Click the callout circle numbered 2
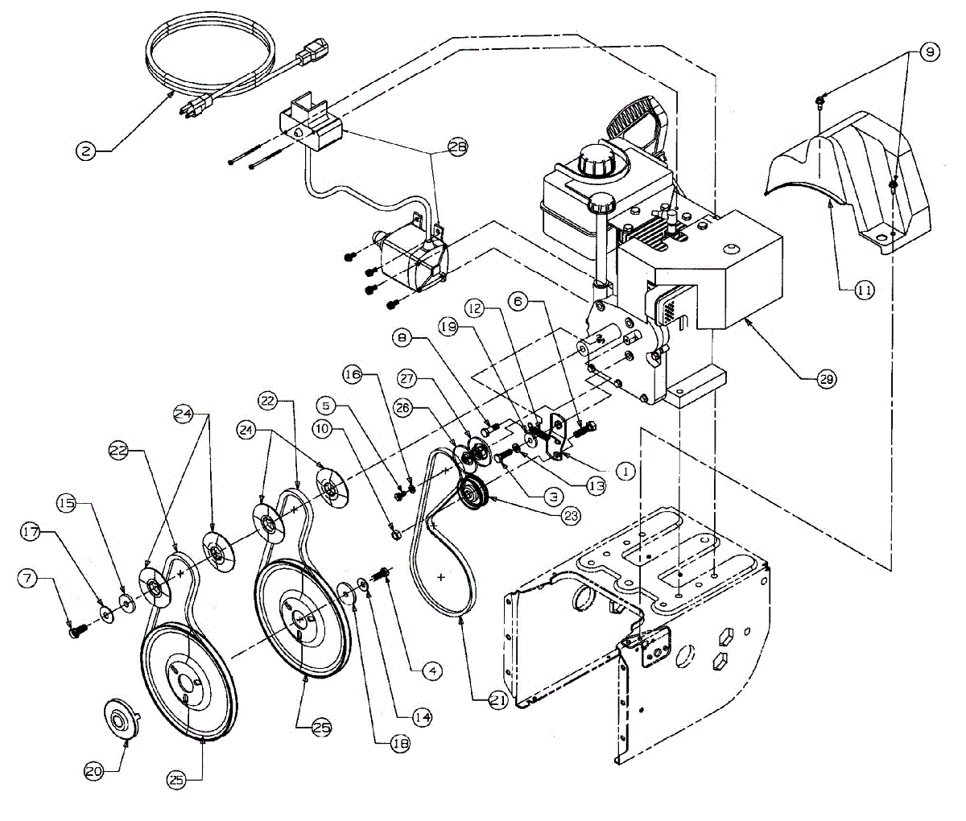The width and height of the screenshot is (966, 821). [86, 149]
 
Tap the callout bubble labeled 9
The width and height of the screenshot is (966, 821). [928, 52]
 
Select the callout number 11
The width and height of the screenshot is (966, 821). [864, 291]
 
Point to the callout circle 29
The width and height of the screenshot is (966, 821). [825, 378]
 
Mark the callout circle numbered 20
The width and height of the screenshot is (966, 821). [94, 770]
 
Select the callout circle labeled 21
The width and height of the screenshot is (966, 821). [499, 701]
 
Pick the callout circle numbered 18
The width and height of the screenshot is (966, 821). [398, 744]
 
